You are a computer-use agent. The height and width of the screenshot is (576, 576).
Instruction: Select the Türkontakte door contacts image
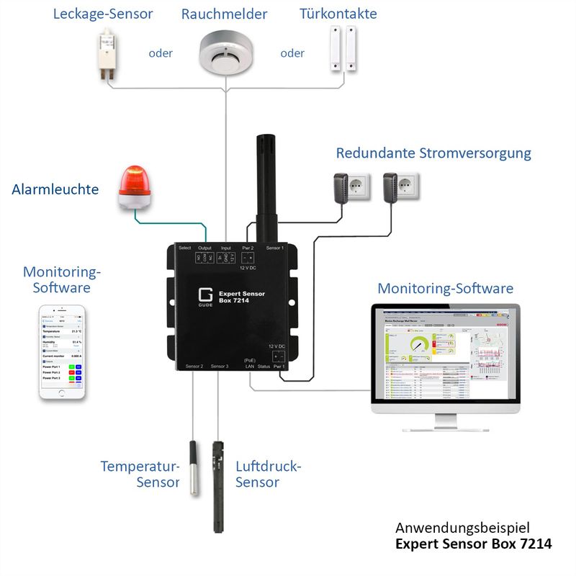344,48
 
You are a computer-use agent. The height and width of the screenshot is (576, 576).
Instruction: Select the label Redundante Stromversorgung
433,153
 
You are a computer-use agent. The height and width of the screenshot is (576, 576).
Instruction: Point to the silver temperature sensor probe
194,467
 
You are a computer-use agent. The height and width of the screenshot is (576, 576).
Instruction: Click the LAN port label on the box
250,366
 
